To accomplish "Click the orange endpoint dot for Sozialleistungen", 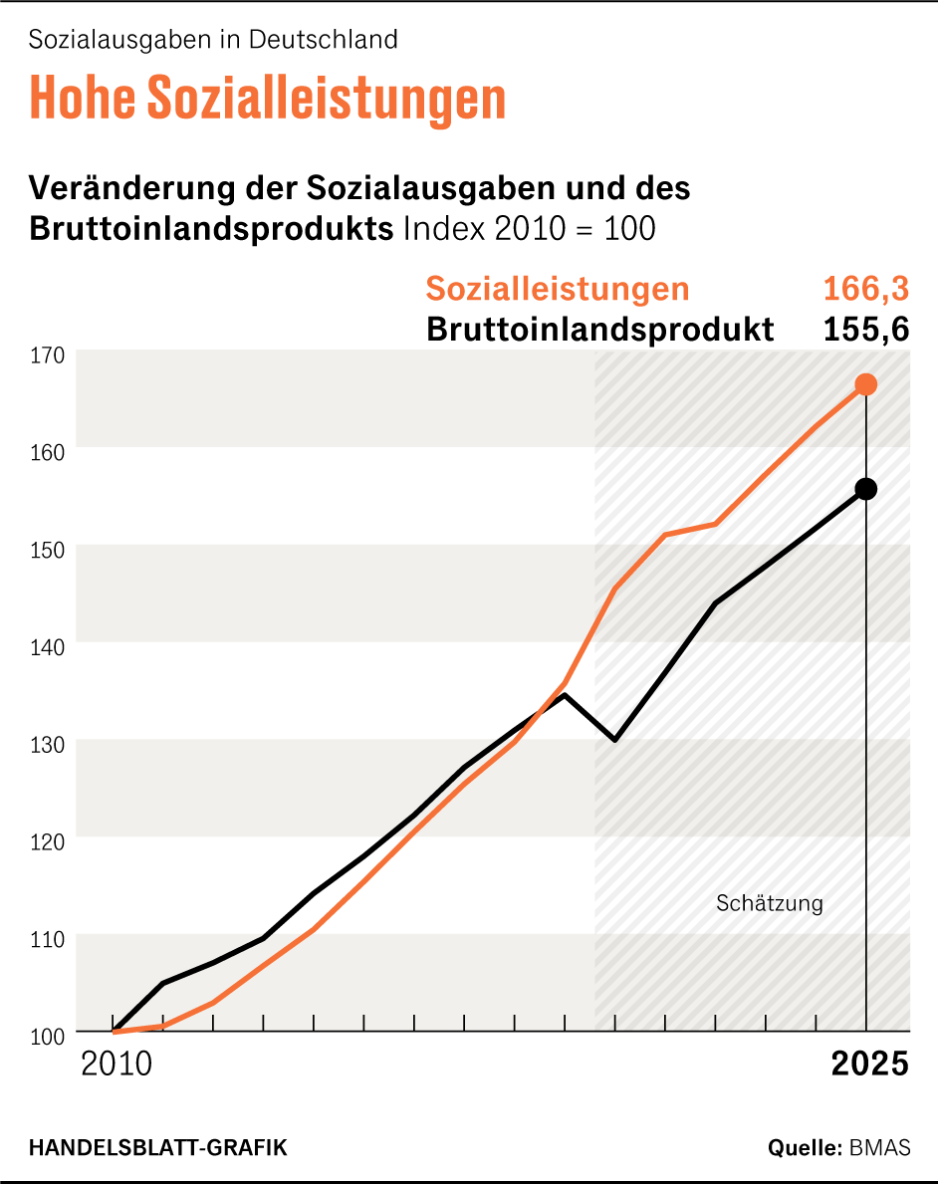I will tap(866, 384).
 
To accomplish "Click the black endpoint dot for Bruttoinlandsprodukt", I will tap(866, 489).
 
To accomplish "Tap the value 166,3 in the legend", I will tap(865, 289).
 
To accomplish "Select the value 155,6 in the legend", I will tap(865, 330).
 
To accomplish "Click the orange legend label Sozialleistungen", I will tap(558, 289).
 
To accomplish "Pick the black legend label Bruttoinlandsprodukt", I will tap(599, 330).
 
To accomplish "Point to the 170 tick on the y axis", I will tap(47, 355).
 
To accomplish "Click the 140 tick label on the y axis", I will tap(47, 646).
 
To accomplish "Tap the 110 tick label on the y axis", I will tap(47, 938).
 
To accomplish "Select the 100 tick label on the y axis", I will tap(47, 1036).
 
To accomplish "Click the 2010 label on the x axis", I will tap(117, 1064).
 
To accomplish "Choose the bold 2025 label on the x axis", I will tap(869, 1064).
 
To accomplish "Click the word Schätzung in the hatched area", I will tap(770, 904).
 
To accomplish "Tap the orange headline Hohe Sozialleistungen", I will tap(268, 97).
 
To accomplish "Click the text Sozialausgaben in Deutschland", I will tap(213, 40).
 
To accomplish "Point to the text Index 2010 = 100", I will tap(529, 228).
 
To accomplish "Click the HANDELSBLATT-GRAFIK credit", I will tap(158, 1147).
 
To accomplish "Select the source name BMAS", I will tap(879, 1147).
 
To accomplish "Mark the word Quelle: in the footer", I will tap(805, 1147).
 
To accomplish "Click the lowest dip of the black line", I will tap(615, 740).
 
